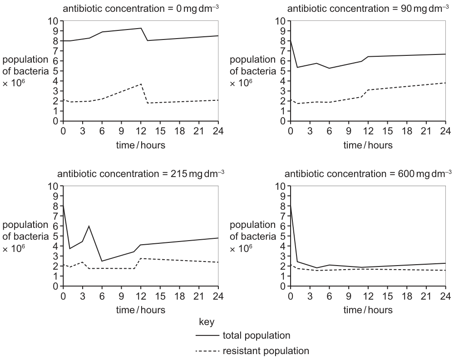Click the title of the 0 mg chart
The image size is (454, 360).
point(141,8)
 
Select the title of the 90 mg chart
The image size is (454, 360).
point(368,8)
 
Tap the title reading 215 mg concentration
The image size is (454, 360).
point(141,173)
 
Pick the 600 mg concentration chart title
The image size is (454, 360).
point(368,173)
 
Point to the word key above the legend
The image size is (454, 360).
point(207,322)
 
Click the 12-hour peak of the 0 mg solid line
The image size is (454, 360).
point(141,28)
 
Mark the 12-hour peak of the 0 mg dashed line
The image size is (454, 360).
point(141,84)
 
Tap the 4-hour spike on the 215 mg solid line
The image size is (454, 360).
point(89,226)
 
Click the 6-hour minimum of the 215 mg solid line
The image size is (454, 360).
point(102,261)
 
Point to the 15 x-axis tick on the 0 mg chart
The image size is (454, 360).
point(160,131)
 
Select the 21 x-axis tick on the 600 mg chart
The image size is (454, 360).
point(426,296)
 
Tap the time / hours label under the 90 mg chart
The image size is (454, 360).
point(368,145)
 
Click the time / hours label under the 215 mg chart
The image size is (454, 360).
point(141,310)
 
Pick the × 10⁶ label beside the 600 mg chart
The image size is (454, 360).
point(241,248)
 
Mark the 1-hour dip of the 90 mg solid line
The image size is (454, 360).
point(297,68)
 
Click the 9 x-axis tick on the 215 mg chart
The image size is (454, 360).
point(121,296)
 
